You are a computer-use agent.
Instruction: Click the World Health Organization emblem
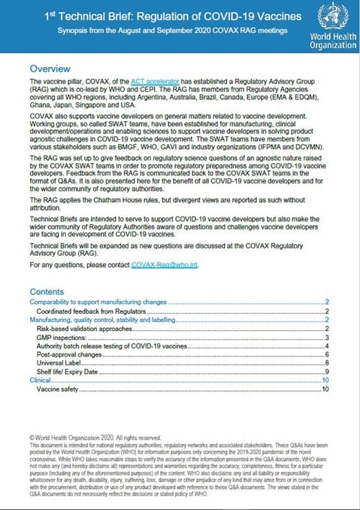click(328, 16)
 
